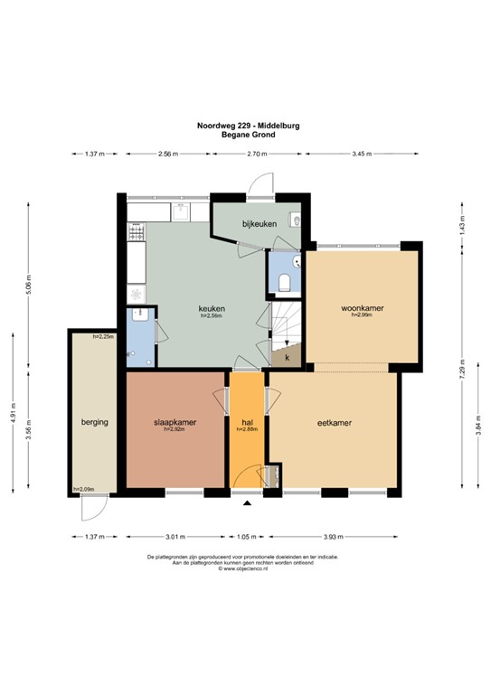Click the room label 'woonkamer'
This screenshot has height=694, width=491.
pyautogui.click(x=362, y=308)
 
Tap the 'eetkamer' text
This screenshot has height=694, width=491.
pyautogui.click(x=334, y=422)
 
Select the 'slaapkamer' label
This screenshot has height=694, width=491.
pyautogui.click(x=175, y=422)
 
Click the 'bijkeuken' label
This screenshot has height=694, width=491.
pyautogui.click(x=259, y=223)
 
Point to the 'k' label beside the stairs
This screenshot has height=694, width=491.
pyautogui.click(x=287, y=358)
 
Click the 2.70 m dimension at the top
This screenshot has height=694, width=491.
pyautogui.click(x=258, y=155)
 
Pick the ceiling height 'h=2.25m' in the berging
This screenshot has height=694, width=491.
pyautogui.click(x=103, y=336)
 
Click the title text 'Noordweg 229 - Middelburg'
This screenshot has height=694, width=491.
pyautogui.click(x=244, y=126)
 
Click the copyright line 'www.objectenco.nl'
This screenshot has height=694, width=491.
pyautogui.click(x=245, y=569)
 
